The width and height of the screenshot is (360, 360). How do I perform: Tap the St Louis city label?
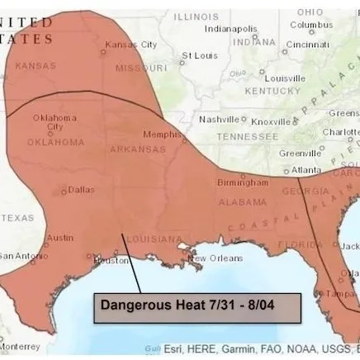199,55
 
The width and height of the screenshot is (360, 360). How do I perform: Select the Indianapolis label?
231,28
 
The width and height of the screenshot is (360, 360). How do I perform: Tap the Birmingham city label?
242,182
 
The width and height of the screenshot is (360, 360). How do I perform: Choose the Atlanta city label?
306,170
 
